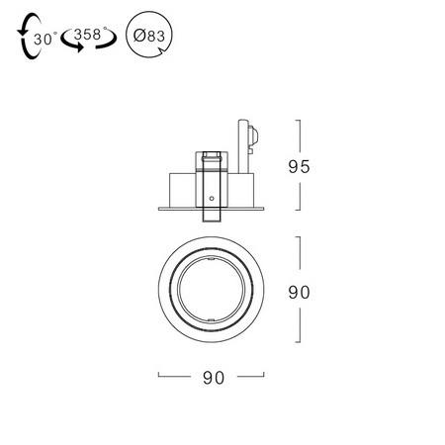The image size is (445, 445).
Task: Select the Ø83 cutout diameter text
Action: tap(149, 36)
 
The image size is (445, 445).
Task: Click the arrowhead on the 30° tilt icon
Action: tap(22, 32)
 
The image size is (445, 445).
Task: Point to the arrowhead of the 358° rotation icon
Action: tap(78, 47)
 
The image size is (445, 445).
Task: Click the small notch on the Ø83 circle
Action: tap(162, 50)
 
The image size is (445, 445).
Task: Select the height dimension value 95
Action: tap(299, 167)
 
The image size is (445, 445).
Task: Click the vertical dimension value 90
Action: tap(299, 293)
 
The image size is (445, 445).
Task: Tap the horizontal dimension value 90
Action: tap(214, 378)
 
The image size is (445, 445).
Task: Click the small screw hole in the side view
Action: tap(212, 199)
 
